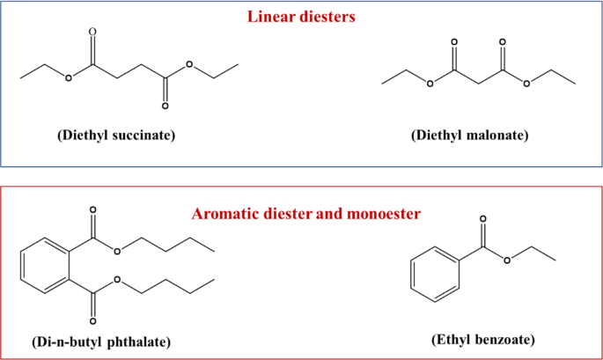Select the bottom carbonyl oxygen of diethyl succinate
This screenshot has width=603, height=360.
coord(164,107)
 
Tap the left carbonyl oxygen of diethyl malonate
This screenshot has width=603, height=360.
coord(454,41)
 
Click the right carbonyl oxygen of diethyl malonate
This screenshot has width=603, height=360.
coord(503,41)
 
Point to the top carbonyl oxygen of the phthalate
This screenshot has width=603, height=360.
coord(92,211)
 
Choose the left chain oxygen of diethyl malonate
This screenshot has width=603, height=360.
coord(430,84)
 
